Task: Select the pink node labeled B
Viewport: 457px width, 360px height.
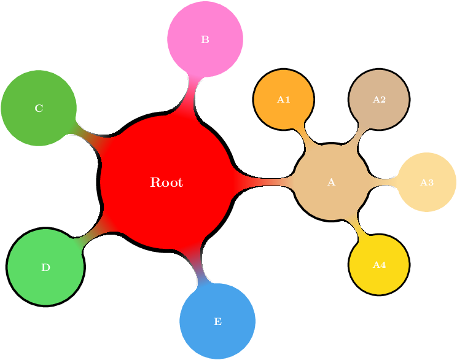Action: click(205, 39)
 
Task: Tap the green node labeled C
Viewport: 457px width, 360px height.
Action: click(39, 108)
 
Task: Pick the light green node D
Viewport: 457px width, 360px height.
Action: click(45, 267)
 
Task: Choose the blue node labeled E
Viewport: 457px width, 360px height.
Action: click(217, 321)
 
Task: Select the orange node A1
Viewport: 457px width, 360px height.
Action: click(284, 99)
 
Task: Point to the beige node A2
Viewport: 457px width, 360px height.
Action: click(379, 99)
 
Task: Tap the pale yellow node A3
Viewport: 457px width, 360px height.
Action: click(427, 182)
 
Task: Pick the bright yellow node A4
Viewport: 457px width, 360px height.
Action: click(379, 265)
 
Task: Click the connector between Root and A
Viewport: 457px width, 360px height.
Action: click(264, 182)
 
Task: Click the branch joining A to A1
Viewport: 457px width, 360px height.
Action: click(303, 135)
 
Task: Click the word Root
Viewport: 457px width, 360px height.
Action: click(166, 182)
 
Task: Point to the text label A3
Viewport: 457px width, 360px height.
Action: click(427, 182)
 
